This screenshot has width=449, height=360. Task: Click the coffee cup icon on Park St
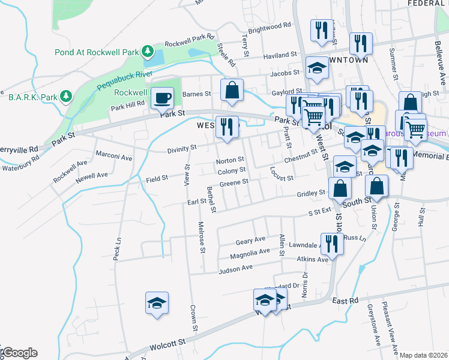(x=161, y=97)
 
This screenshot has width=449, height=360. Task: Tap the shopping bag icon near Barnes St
(x=232, y=91)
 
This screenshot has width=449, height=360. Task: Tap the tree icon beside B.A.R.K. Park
(x=66, y=96)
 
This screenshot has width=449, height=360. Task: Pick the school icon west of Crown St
(x=157, y=303)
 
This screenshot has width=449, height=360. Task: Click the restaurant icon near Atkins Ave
(x=330, y=243)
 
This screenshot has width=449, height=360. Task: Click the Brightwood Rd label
(x=269, y=27)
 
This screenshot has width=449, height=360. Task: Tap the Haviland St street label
(x=281, y=54)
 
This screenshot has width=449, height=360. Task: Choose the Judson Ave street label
(x=235, y=269)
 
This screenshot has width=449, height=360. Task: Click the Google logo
(x=20, y=353)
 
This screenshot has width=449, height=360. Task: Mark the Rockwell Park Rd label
(x=190, y=43)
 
